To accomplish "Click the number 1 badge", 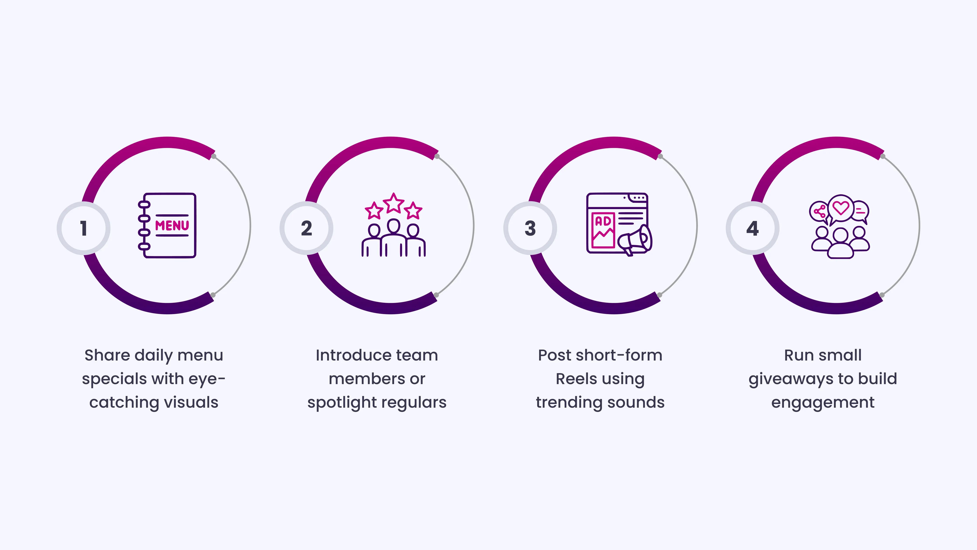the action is pyautogui.click(x=84, y=228).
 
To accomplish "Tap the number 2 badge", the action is pyautogui.click(x=306, y=228).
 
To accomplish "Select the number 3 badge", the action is pyautogui.click(x=530, y=228).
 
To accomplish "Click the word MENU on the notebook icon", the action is pyautogui.click(x=172, y=225).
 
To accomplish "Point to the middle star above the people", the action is pyautogui.click(x=394, y=203).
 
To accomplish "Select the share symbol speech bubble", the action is pyautogui.click(x=819, y=212).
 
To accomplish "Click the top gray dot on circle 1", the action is pyautogui.click(x=214, y=156).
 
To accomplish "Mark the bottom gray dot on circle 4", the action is pyautogui.click(x=882, y=295).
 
